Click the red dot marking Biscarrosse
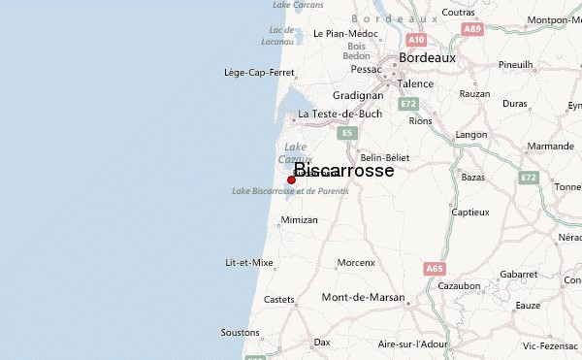(x=291, y=180)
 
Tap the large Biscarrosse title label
(x=343, y=170)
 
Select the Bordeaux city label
(x=427, y=57)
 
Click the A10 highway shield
(x=416, y=40)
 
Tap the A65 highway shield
(x=433, y=268)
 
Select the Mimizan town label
(x=299, y=220)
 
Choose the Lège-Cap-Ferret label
(x=259, y=72)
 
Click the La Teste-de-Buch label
(x=339, y=114)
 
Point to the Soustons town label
(x=240, y=332)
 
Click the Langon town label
(x=471, y=134)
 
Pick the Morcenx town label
(x=355, y=263)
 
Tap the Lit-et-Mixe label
(x=248, y=263)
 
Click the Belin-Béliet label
(x=385, y=156)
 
